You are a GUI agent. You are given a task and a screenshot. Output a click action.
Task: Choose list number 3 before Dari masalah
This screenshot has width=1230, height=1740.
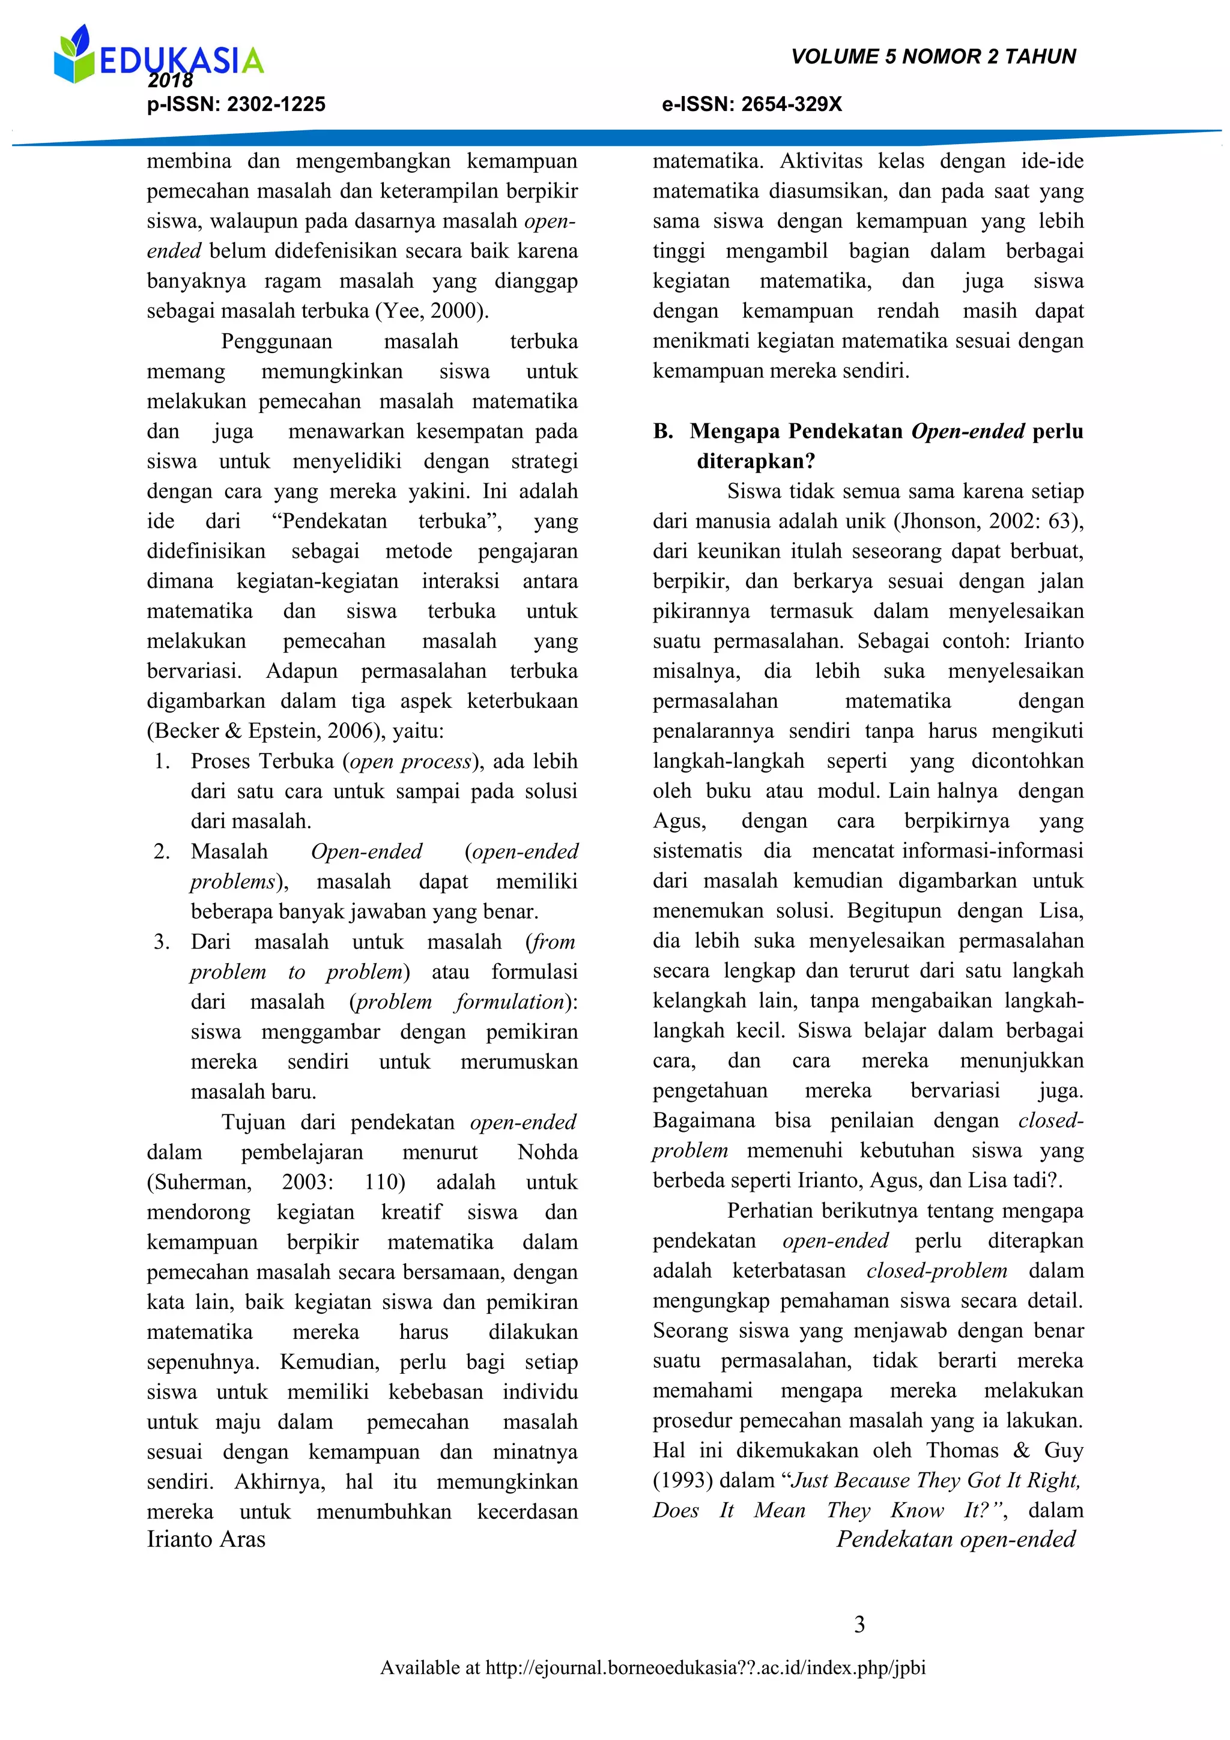coord(161,941)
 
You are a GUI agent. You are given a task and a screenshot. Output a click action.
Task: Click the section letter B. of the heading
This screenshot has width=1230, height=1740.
coord(663,431)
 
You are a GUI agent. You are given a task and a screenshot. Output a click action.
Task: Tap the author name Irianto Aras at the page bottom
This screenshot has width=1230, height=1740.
coord(206,1539)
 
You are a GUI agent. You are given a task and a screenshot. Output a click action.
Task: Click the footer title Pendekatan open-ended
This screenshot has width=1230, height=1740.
coord(956,1539)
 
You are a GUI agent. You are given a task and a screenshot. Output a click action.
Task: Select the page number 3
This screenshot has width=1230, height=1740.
coord(859,1624)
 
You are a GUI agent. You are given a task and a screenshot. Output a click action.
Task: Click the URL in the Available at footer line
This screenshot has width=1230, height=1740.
coord(705,1668)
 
